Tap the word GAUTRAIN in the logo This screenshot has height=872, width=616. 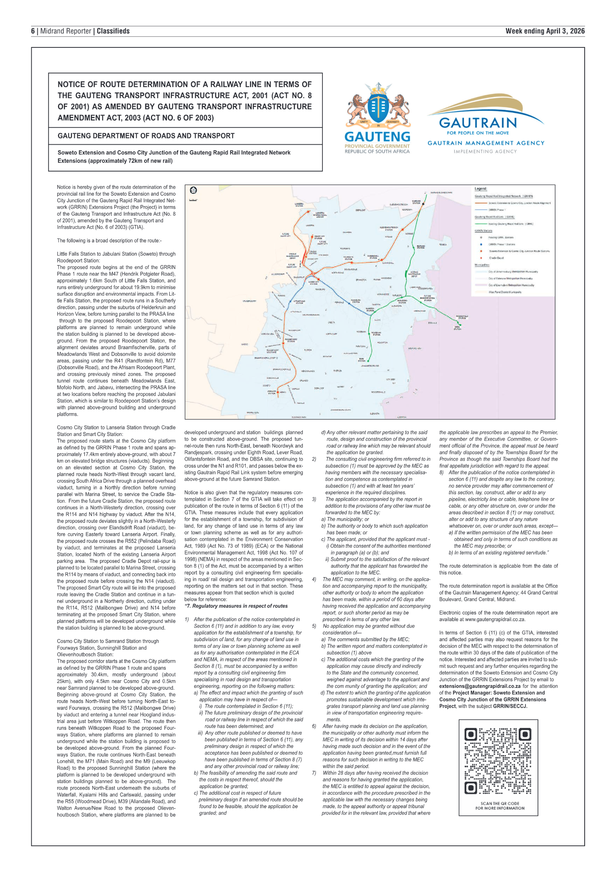pos(478,123)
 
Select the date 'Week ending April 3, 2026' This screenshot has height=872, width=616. pos(545,31)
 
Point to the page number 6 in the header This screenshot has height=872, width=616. pos(33,31)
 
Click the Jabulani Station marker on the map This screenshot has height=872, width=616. pos(278,392)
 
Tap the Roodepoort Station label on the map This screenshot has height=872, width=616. pos(291,340)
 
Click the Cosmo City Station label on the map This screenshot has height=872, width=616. pos(313,283)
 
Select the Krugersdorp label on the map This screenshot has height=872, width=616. pos(249,301)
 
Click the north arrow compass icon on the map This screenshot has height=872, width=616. pos(193,191)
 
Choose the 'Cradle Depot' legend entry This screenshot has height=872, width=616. pos(496,258)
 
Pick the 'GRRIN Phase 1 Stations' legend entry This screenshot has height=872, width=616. pos(502,244)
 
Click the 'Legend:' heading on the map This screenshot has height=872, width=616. pos(481,189)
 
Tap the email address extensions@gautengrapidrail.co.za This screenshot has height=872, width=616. pos(480,686)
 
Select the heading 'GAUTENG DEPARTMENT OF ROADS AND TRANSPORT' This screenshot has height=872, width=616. pos(146,136)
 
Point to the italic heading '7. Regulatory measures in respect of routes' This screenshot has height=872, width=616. pos(236,606)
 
